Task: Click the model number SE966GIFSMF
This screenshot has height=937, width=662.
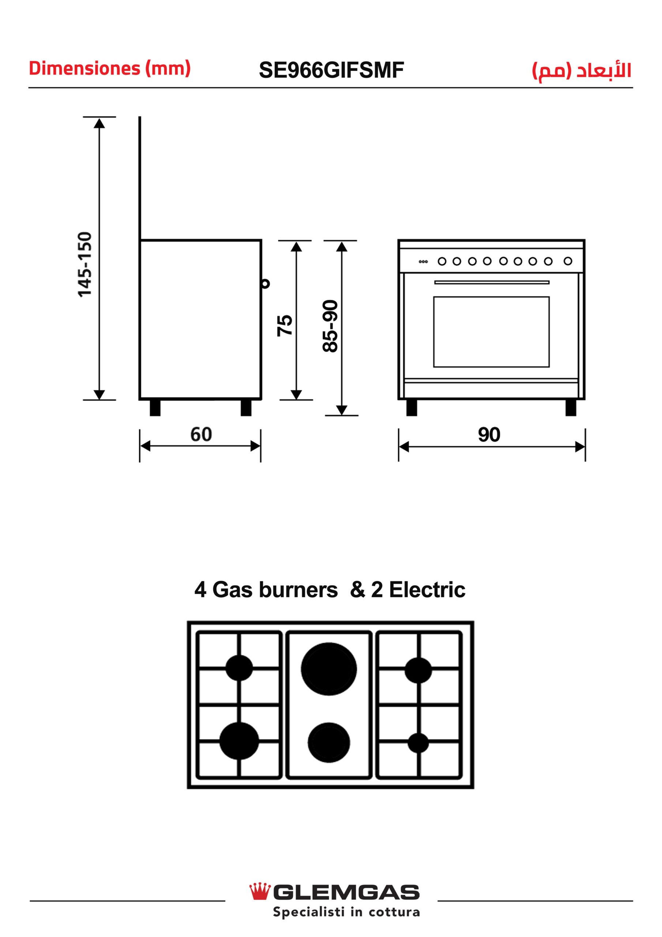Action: (331, 70)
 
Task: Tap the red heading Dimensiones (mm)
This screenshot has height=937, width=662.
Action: (110, 68)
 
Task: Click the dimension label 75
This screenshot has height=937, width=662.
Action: (285, 325)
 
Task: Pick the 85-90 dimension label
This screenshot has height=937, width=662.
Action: (330, 326)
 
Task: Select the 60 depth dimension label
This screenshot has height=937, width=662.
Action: (201, 434)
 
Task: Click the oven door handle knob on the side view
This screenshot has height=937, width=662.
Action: (266, 283)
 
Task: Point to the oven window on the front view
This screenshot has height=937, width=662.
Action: (491, 332)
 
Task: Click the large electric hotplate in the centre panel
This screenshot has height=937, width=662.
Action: (329, 669)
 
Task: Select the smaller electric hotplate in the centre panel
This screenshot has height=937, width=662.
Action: (329, 742)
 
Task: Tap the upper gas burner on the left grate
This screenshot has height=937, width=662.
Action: (239, 668)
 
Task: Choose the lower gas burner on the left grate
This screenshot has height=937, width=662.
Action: (239, 741)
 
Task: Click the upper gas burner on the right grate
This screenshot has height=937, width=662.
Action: (418, 670)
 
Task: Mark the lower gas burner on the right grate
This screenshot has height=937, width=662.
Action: (418, 743)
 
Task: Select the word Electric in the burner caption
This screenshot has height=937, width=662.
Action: (427, 590)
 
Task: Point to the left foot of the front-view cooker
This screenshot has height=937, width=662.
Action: (411, 408)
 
